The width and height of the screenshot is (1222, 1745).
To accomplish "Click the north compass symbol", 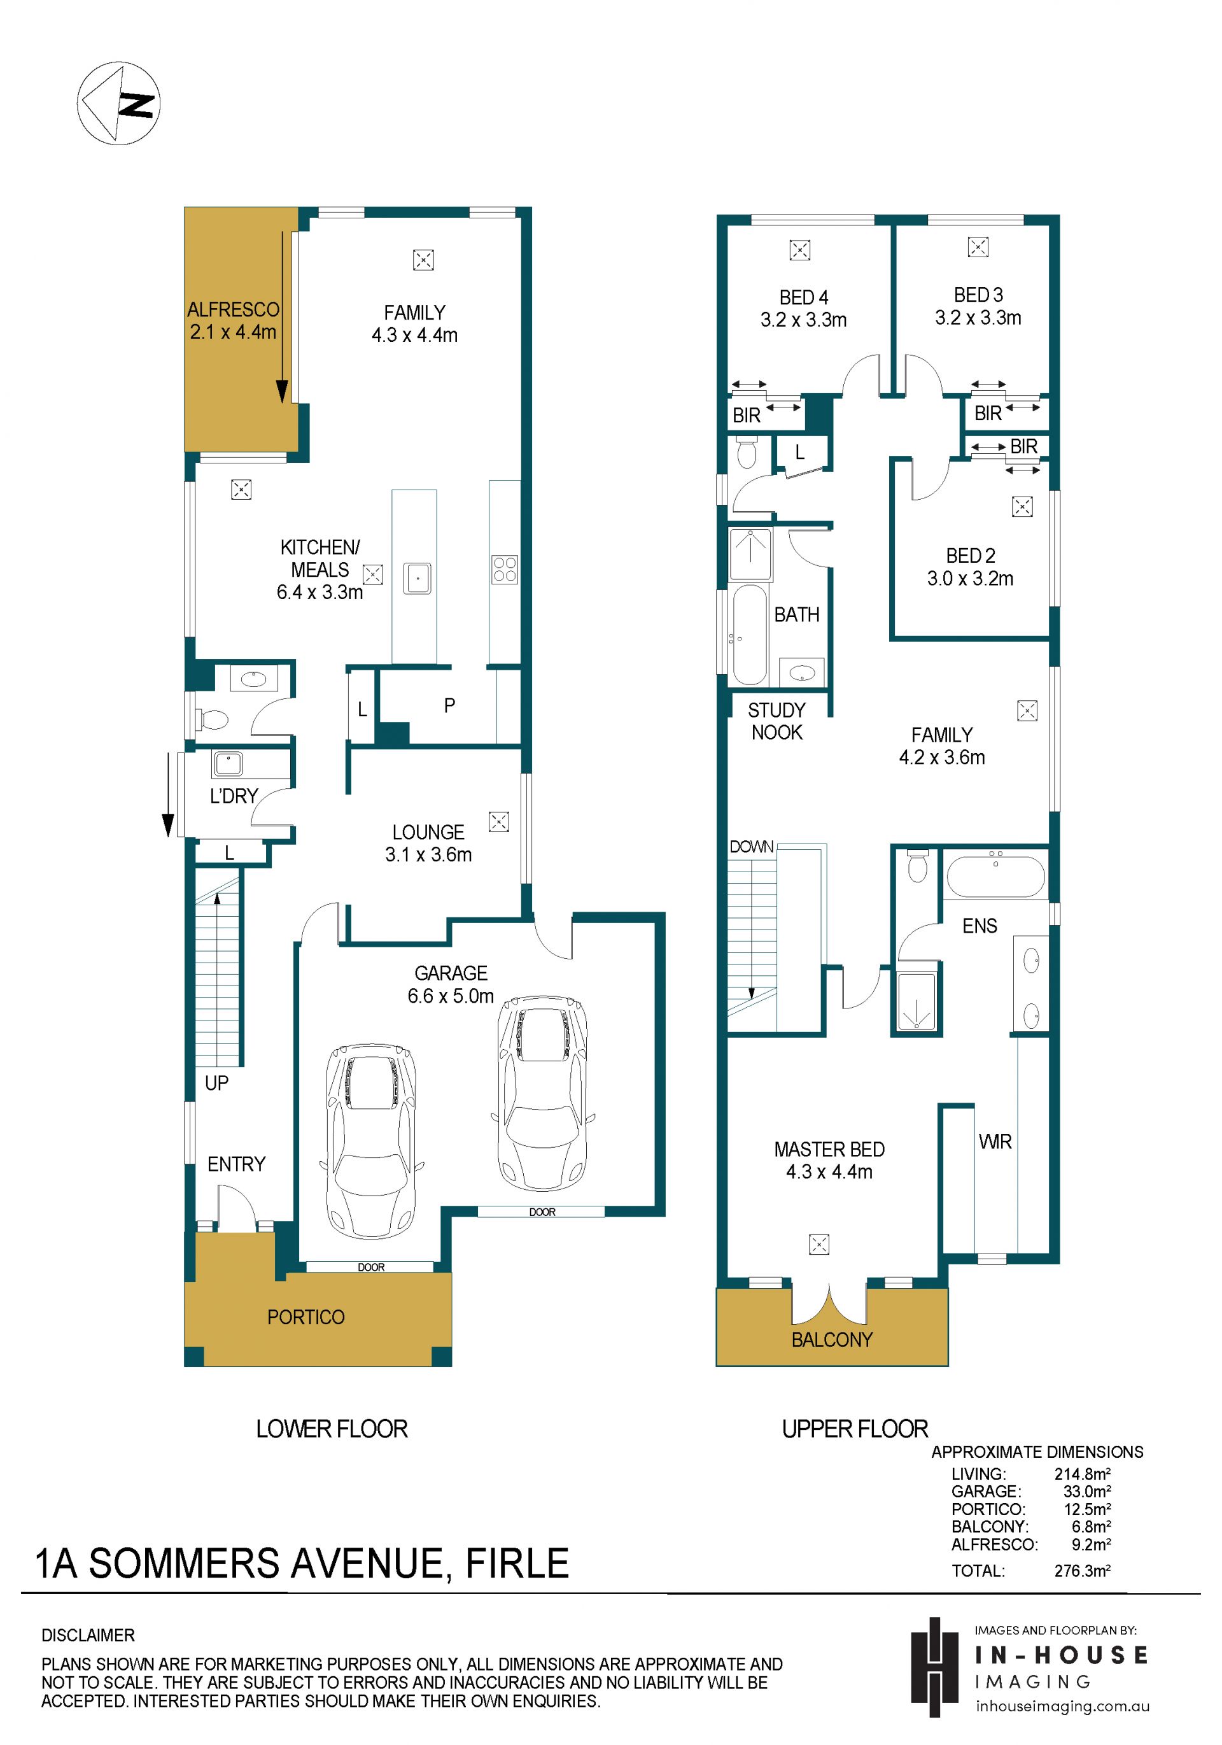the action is (x=118, y=103).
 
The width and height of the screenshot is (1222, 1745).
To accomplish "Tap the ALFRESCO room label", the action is (x=234, y=309).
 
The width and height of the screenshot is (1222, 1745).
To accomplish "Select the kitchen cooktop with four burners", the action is (x=505, y=570).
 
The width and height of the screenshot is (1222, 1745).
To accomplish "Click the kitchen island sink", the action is (x=416, y=577).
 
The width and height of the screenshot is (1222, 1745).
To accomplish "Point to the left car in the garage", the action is (x=372, y=1141).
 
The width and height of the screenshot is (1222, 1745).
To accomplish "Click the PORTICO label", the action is (x=305, y=1317).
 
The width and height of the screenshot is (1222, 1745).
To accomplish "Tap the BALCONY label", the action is (x=832, y=1339).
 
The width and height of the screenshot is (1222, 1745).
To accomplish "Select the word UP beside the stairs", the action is (x=216, y=1083).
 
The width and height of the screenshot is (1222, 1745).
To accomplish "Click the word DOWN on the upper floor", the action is (x=752, y=847).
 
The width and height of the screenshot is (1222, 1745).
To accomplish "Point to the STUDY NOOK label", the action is (x=776, y=721).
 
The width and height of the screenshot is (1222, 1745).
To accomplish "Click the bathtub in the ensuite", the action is (x=995, y=877).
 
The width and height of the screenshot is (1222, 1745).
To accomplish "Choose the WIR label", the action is (x=995, y=1141).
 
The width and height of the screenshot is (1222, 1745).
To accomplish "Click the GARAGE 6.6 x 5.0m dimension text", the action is (x=451, y=996).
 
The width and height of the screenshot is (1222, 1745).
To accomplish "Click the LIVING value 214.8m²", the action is (x=1082, y=1474).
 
